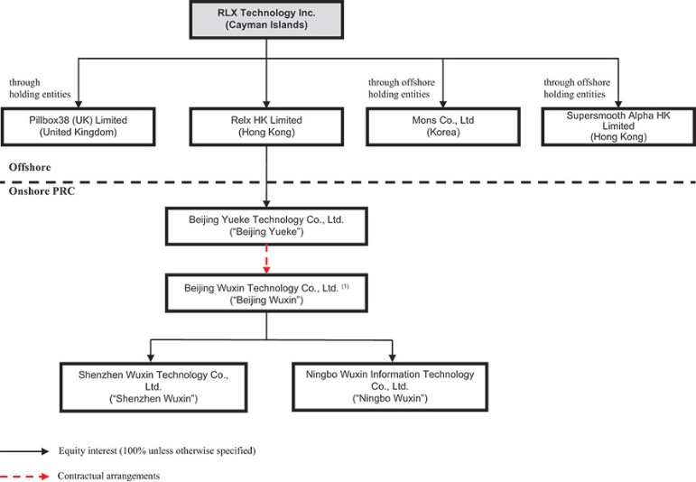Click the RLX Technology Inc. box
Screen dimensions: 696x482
(266, 20)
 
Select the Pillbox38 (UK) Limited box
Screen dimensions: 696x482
(79, 126)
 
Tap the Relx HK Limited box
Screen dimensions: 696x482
(266, 126)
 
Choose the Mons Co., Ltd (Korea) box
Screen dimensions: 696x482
(443, 126)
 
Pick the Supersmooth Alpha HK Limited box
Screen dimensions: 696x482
(618, 126)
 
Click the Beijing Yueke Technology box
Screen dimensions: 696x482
(266, 226)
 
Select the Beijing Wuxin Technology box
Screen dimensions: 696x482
(266, 293)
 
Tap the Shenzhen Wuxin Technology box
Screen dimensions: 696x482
(153, 387)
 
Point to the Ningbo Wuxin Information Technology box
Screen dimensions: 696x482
(390, 386)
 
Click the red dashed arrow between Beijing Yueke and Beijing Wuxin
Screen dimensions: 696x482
(266, 260)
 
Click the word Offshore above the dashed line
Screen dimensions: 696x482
(30, 167)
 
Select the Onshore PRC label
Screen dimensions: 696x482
(42, 191)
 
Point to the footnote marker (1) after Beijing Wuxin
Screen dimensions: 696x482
(346, 286)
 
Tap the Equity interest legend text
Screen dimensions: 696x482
(157, 451)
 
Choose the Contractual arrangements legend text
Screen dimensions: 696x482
(108, 476)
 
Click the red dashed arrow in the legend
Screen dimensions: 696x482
(24, 477)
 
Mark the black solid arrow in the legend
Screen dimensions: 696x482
(24, 451)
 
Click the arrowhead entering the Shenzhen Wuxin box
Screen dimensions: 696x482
(151, 357)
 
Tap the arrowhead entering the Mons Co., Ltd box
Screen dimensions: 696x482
(443, 104)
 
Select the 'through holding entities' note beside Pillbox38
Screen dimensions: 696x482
(40, 88)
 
